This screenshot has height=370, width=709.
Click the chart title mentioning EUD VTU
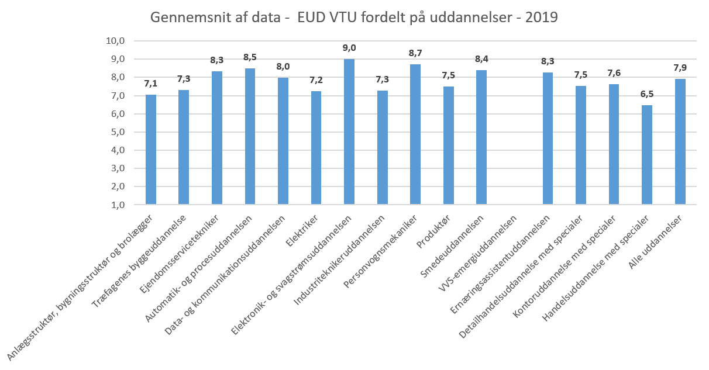coord(354,18)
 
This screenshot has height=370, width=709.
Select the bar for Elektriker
coord(316,148)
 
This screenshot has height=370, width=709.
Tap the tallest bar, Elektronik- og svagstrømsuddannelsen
coord(349,132)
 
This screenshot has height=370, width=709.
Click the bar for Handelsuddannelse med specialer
coord(647,155)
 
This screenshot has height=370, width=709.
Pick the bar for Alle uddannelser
coord(680,141)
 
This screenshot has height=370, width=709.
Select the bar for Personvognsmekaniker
coord(415,134)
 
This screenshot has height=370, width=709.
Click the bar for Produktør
coord(449,146)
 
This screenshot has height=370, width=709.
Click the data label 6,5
coord(647,94)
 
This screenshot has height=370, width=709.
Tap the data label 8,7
coord(415,53)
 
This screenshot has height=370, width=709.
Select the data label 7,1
coord(151,83)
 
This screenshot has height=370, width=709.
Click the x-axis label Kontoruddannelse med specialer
coord(565,267)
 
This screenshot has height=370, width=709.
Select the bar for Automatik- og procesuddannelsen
coord(250,136)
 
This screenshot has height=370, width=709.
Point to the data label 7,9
coord(680,68)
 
